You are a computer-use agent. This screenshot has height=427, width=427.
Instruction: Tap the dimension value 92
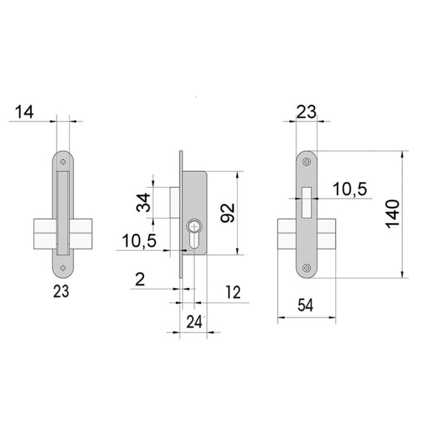click(x=227, y=213)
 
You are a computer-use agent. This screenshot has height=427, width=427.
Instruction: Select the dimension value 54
click(x=305, y=305)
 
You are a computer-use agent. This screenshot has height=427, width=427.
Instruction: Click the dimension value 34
click(x=144, y=203)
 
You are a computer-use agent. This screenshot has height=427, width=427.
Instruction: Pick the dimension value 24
click(x=194, y=322)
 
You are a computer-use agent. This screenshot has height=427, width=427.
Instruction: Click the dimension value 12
click(x=233, y=292)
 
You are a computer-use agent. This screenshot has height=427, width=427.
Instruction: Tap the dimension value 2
click(x=140, y=279)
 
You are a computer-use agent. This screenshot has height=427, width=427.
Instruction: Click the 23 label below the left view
click(x=61, y=292)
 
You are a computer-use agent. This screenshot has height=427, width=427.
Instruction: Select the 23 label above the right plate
click(x=307, y=111)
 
